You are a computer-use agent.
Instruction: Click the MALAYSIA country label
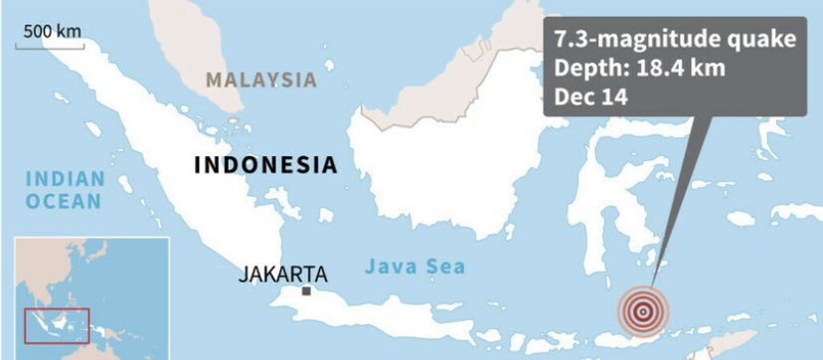pyautogui.click(x=261, y=80)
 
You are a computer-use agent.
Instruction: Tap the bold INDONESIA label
pyautogui.click(x=263, y=164)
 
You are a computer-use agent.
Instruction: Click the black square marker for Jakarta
pyautogui.click(x=307, y=291)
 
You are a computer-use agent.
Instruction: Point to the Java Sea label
pyautogui.click(x=414, y=267)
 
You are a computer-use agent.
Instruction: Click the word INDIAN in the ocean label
pyautogui.click(x=65, y=180)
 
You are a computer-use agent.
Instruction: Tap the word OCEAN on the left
pyautogui.click(x=65, y=202)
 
